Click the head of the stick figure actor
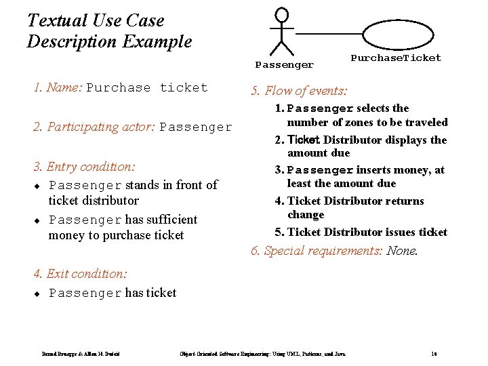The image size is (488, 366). click(282, 14)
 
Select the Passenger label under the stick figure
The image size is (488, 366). click(284, 65)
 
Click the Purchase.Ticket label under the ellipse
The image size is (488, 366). click(396, 58)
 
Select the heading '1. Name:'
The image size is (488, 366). click(58, 87)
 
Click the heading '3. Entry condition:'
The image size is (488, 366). click(84, 166)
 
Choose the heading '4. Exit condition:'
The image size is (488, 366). click(79, 274)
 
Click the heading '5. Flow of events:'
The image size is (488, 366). click(299, 91)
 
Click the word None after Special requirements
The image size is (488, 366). click(402, 251)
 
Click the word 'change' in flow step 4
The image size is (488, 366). click(306, 215)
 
